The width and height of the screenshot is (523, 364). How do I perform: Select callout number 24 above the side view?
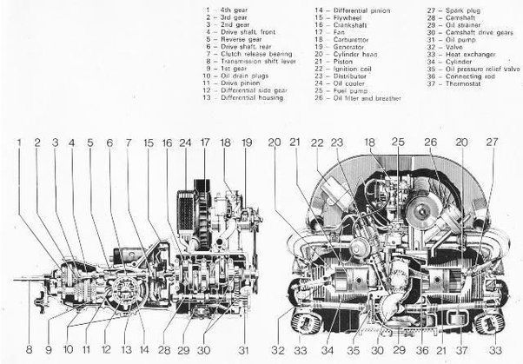pos(184,141)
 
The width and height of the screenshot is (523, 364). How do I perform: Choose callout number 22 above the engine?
pos(317,141)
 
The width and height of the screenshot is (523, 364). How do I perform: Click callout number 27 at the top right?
pos(493,141)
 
